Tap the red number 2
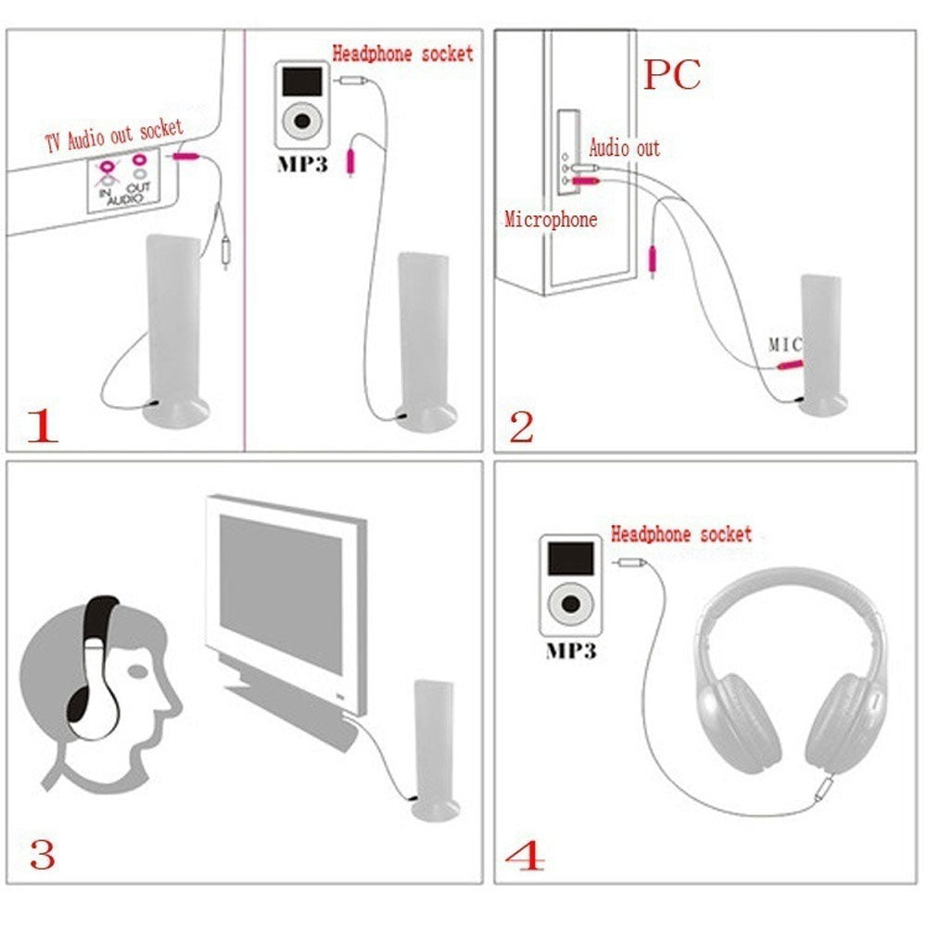pos(522,426)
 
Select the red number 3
pos(43,854)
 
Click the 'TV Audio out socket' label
pos(114,136)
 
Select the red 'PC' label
pos(672,74)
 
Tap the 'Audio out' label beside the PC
pos(625,147)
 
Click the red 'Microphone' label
pos(551,220)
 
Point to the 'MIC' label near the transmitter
pos(784,344)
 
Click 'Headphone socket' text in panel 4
pos(681,534)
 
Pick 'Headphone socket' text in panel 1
pos(402,53)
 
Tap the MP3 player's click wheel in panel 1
pos(302,121)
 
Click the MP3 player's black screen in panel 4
pos(570,557)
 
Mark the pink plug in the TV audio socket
pos(185,159)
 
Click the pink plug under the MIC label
pos(790,366)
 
